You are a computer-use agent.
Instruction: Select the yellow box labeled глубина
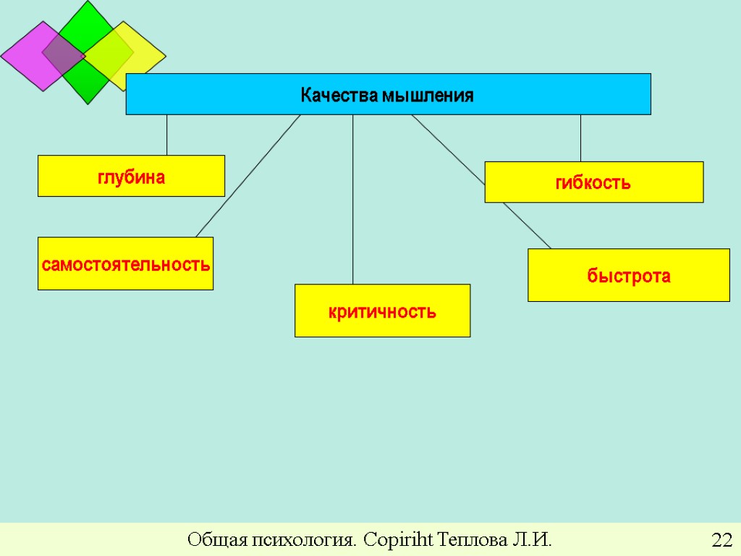pos(131,176)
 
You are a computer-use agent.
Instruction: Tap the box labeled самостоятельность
pos(125,264)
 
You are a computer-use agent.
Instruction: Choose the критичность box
pos(382,311)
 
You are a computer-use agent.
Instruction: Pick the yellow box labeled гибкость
pos(593,182)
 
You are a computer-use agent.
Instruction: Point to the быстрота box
pos(628,275)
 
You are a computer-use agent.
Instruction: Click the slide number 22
pos(721,540)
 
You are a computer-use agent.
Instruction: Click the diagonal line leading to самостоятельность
pos(246,177)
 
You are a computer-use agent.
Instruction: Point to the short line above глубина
pos(167,135)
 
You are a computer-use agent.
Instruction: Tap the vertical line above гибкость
pos(580,138)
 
